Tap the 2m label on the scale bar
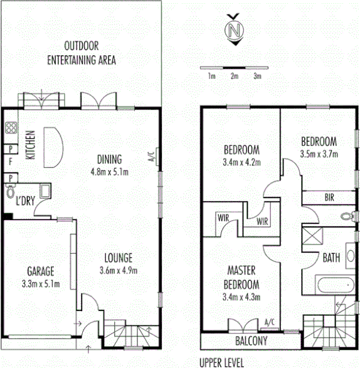234,76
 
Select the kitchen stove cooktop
11,129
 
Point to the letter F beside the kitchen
10,162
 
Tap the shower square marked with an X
312,236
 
